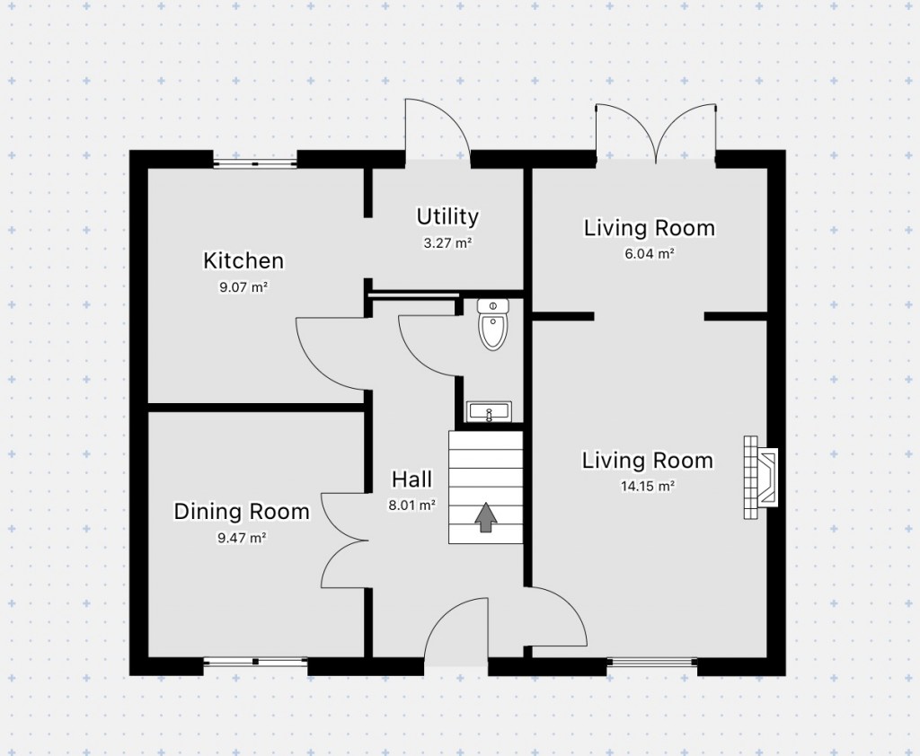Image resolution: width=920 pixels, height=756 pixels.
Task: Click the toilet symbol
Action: click(492, 325)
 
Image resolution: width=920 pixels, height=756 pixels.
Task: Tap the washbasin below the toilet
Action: click(490, 412)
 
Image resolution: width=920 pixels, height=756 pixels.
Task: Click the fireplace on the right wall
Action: click(760, 478)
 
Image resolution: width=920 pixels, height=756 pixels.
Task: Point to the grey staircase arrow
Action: click(486, 517)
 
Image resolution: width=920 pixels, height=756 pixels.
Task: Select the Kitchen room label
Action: click(243, 261)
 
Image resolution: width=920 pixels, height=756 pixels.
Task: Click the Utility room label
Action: click(447, 216)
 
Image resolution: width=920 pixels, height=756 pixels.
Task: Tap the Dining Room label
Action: click(241, 512)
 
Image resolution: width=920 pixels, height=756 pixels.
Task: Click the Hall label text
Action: click(411, 479)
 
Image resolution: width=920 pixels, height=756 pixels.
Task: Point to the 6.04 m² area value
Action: click(650, 254)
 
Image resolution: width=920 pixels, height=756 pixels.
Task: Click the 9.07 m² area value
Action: click(243, 288)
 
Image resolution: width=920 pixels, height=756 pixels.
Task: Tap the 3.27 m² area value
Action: click(447, 242)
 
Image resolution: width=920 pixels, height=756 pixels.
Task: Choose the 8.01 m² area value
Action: click(411, 505)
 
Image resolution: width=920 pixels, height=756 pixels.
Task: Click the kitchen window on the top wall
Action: click(255, 163)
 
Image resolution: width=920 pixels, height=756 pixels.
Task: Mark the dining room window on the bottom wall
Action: click(255, 663)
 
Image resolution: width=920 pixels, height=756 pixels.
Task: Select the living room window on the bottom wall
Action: click(652, 663)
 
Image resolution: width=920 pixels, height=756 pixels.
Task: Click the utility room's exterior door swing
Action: click(438, 130)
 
